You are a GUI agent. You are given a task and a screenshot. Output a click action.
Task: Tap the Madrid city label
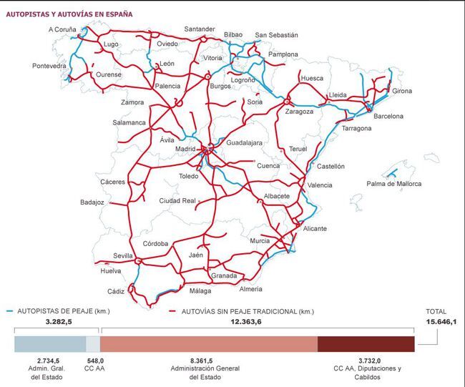185,149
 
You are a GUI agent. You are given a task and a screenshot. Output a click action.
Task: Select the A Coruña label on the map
62,29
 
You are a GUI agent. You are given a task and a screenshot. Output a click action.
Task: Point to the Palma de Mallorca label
394,184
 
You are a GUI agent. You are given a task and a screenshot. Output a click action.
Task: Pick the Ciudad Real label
177,201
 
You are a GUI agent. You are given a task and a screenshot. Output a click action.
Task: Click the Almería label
250,289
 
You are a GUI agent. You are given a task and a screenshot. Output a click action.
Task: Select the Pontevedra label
49,66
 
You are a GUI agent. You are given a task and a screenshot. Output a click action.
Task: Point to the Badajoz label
92,202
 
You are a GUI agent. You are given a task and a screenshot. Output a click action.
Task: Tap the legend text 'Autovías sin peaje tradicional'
247,311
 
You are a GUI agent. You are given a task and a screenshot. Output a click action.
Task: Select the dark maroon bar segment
366,344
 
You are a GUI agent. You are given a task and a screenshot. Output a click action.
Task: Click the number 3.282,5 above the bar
59,323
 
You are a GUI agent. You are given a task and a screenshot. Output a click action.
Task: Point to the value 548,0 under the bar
94,361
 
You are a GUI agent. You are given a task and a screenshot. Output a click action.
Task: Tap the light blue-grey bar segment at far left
50,344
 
